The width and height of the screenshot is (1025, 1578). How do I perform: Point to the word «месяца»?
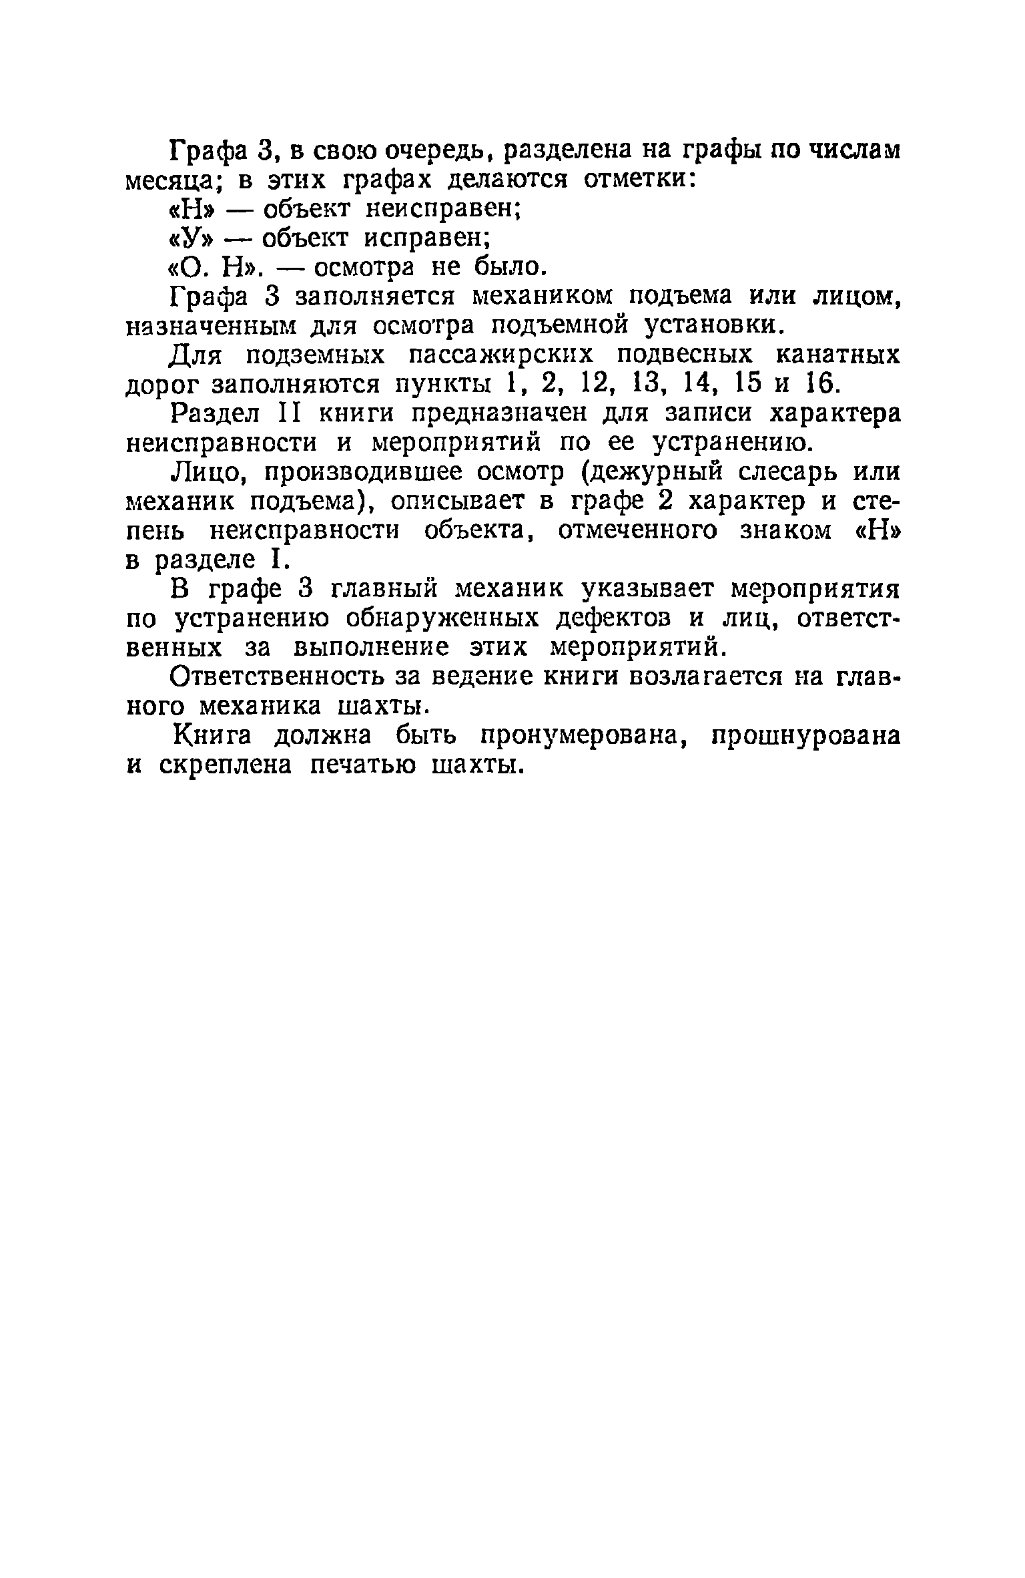click(169, 181)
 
